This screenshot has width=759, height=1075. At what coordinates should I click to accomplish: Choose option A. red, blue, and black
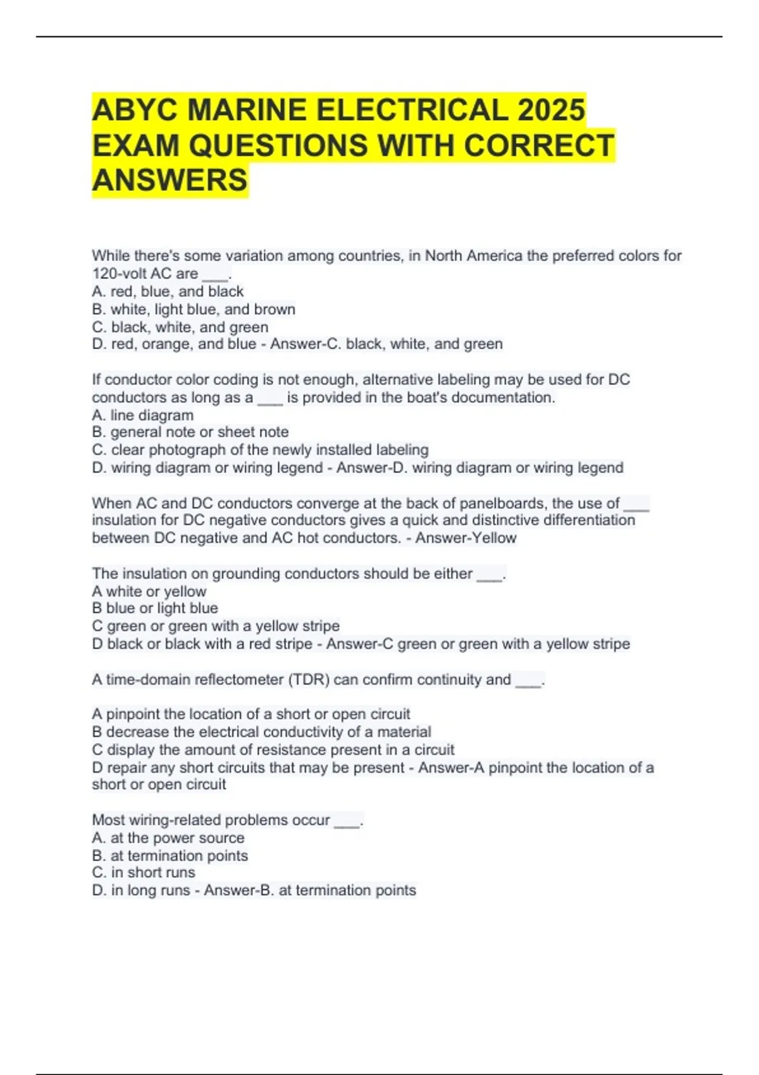pos(168,292)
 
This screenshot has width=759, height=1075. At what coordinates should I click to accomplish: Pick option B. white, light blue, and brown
pos(194,309)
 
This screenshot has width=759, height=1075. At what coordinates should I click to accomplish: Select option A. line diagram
pos(143,415)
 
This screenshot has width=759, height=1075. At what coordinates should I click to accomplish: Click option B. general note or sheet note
pos(190,432)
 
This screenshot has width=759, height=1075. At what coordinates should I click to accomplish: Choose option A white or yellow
pos(149,591)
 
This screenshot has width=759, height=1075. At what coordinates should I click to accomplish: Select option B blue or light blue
pos(155,608)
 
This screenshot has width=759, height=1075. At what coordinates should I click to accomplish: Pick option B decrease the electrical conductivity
pos(261,732)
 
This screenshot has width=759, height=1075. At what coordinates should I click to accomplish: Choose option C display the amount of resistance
pos(273,749)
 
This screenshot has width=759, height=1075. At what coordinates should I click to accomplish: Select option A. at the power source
pos(168,838)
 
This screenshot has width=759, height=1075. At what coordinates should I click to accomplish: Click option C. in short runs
pos(144,873)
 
